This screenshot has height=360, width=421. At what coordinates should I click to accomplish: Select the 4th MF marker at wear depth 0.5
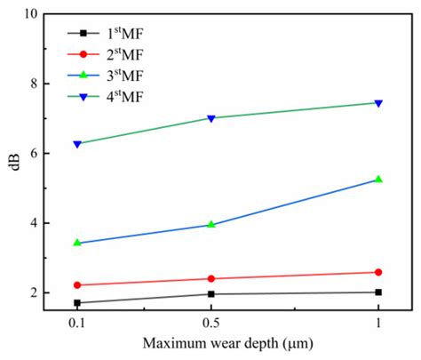point(210,118)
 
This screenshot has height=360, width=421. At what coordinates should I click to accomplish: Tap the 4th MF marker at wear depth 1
point(378,103)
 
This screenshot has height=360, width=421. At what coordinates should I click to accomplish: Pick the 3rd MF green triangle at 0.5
point(210,224)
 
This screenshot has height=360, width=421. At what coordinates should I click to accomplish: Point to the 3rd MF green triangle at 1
point(378,179)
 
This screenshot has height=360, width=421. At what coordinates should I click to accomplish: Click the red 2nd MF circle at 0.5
point(210,278)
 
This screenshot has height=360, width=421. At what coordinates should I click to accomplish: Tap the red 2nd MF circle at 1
point(378,272)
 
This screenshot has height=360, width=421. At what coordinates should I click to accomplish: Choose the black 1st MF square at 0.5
point(210,293)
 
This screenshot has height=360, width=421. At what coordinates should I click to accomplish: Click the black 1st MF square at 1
point(378,292)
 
